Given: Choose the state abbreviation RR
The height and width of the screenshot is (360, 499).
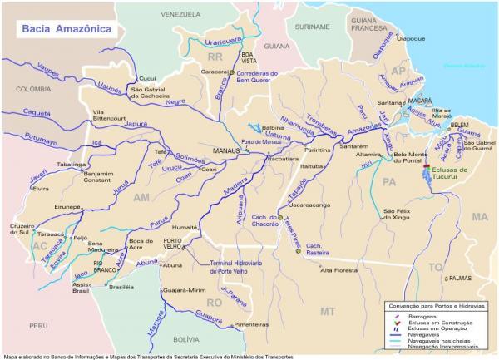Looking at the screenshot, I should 216,56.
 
